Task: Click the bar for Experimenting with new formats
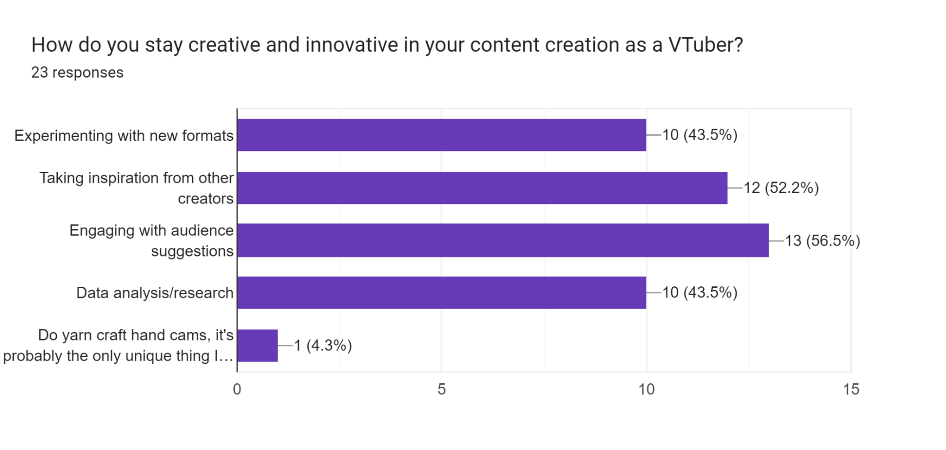(441, 135)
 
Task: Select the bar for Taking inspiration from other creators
(482, 188)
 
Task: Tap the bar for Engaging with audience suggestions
(503, 240)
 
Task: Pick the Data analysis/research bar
(441, 293)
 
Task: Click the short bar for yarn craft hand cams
(257, 345)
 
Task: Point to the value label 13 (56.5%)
(822, 241)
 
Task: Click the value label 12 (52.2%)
(781, 188)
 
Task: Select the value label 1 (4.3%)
(323, 345)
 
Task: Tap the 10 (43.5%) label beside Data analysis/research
(699, 292)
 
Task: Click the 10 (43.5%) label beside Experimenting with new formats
(699, 135)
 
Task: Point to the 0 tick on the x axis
(237, 389)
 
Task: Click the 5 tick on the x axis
(442, 389)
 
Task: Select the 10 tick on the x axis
(646, 389)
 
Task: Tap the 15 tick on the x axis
(851, 389)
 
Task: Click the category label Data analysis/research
(155, 293)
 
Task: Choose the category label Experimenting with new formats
(124, 136)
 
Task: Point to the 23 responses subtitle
(77, 72)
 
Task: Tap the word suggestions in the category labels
(192, 251)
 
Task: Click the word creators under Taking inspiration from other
(205, 199)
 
